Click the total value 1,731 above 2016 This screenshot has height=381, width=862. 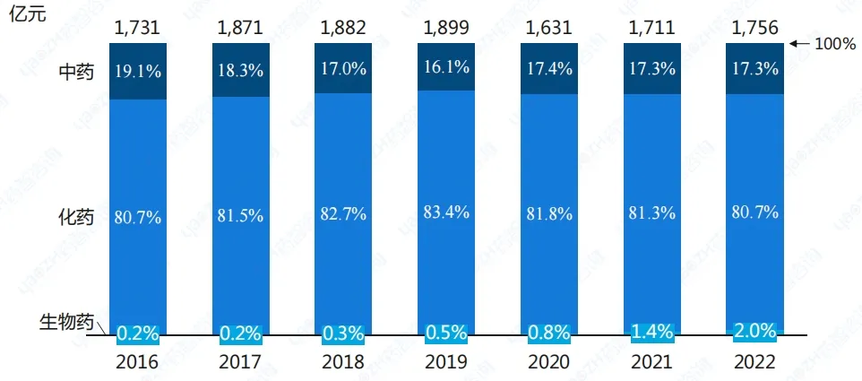pos(138,27)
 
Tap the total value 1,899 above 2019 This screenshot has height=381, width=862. pos(445,27)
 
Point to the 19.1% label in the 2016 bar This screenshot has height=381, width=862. pos(138,72)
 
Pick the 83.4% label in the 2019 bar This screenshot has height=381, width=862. pos(445,213)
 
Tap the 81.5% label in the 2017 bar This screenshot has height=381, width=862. pos(240,216)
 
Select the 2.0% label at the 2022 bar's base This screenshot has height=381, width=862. pos(754,331)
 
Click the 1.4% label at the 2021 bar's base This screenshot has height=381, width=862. pos(651,332)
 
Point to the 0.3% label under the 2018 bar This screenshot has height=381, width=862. pos(342,333)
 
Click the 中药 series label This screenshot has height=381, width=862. pos(75,73)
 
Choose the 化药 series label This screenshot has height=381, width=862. pos(75,217)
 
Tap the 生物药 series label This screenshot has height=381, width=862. pos(65,321)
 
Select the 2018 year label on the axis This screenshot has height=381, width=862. pos(342,361)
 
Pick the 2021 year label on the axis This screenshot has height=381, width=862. pos(651,361)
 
